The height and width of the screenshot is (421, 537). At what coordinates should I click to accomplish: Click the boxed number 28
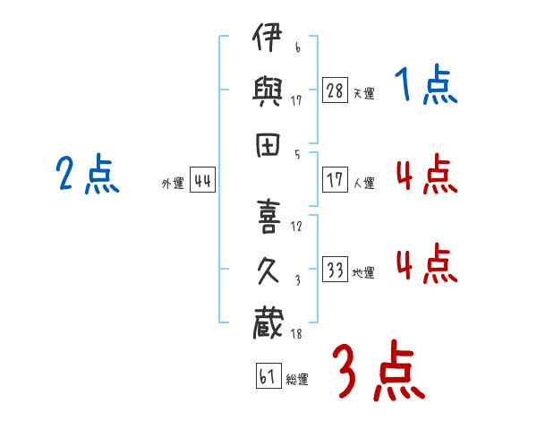(335, 90)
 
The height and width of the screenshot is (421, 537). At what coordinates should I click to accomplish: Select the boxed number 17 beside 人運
(335, 179)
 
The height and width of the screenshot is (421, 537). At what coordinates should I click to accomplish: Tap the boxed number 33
(335, 269)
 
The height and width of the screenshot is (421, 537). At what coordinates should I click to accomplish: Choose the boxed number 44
(202, 181)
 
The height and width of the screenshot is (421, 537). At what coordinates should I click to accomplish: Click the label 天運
(363, 93)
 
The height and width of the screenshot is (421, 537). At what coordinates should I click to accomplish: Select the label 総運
(297, 379)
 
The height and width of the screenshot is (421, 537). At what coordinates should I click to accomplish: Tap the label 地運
(363, 272)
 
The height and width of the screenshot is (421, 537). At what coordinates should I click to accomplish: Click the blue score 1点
(425, 86)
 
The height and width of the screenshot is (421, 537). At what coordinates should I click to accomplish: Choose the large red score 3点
(378, 370)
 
